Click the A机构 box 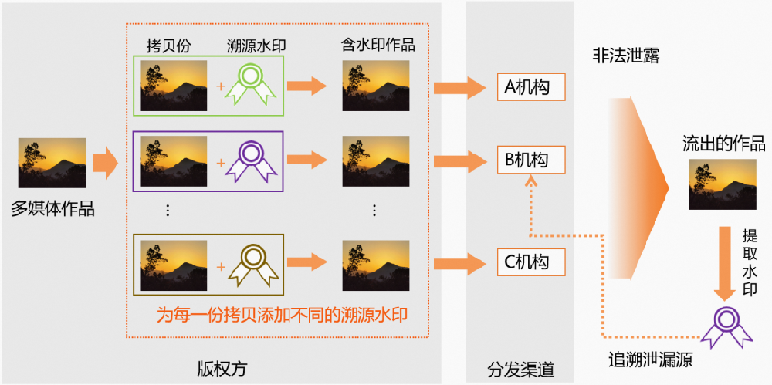point(530,87)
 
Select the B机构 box point(530,160)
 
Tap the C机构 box point(530,262)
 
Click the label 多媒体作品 point(52,208)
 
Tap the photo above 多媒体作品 point(52,164)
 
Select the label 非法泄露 point(625,56)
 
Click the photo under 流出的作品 point(723,184)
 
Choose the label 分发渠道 point(521,369)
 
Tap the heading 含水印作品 point(378,44)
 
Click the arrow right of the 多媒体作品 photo point(105,164)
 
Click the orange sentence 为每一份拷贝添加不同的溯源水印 point(282,315)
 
